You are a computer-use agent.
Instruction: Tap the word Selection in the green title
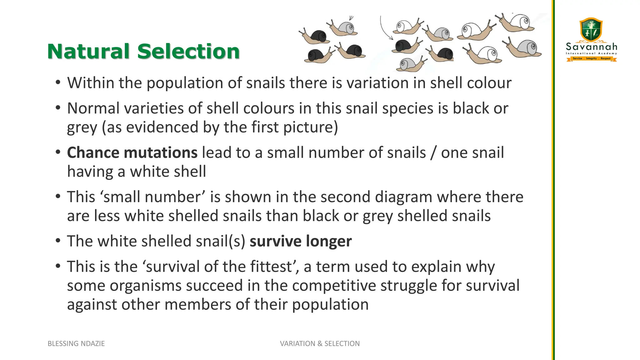(188, 51)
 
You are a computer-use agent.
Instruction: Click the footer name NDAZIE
(92, 343)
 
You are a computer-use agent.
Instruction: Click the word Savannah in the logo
(592, 47)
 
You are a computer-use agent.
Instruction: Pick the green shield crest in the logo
(591, 30)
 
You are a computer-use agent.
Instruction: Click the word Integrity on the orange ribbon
(591, 58)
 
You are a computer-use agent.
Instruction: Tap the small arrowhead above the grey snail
(351, 18)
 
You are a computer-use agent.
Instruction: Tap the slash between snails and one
(433, 153)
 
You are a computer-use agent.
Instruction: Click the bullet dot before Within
(57, 83)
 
